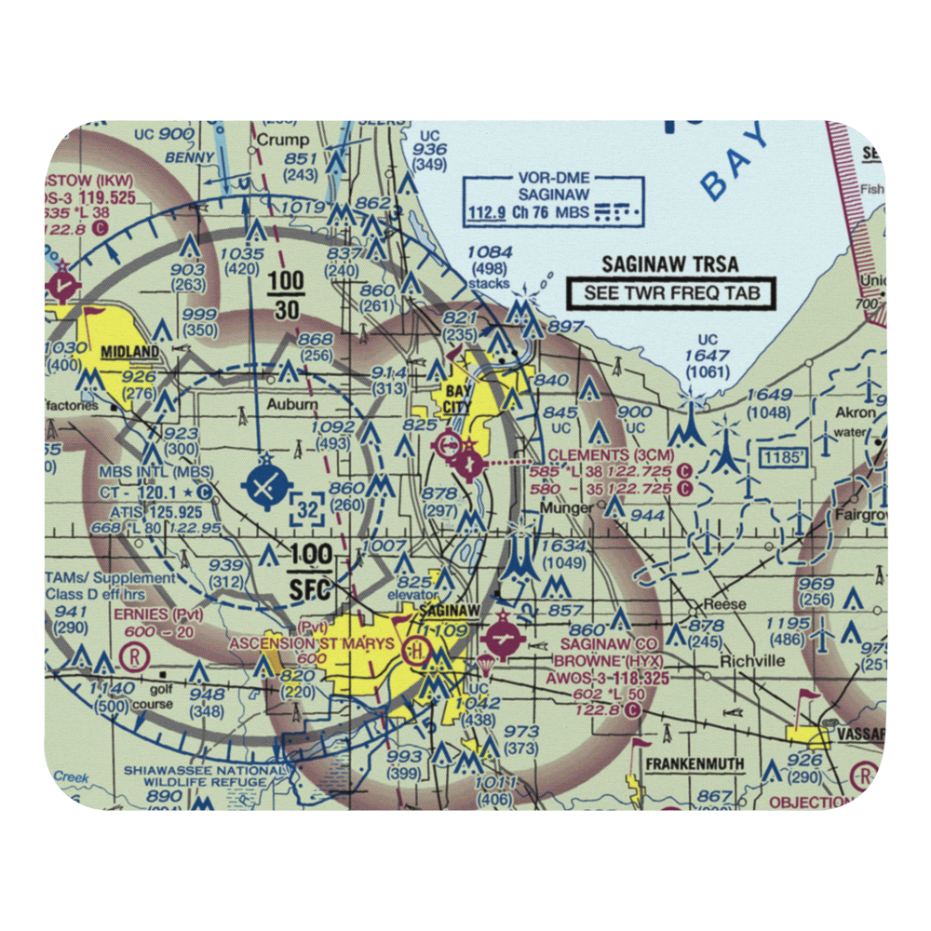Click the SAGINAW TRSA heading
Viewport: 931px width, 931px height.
669,264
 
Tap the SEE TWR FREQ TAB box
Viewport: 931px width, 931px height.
670,294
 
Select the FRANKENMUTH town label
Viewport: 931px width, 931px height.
695,764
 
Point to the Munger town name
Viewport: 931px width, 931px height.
570,509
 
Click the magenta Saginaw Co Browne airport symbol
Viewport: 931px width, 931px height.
504,641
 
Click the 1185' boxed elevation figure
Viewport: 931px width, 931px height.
779,456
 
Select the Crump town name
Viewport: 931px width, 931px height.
282,140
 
